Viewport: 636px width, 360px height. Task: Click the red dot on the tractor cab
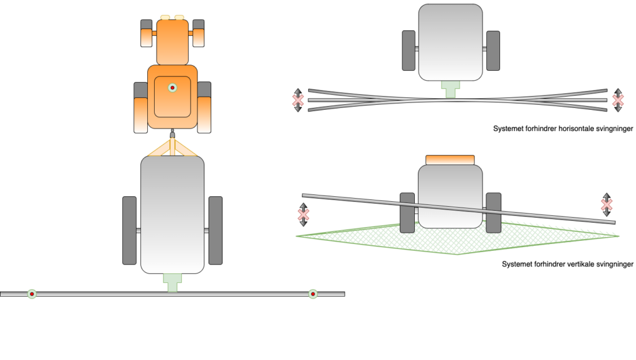click(x=173, y=88)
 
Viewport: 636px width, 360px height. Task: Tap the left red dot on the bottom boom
click(x=32, y=294)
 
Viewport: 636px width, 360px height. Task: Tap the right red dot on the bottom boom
click(x=313, y=294)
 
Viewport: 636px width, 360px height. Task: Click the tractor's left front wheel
click(x=147, y=33)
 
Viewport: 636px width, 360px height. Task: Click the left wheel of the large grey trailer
click(x=129, y=230)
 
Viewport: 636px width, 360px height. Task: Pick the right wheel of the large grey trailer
click(x=216, y=230)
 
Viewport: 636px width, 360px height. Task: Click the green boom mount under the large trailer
click(x=172, y=282)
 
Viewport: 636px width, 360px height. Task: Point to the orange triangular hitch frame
click(x=172, y=148)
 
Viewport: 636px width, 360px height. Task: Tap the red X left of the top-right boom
click(x=298, y=100)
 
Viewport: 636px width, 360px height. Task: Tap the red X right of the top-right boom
click(x=617, y=99)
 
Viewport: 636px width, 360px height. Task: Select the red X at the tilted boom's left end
click(x=303, y=214)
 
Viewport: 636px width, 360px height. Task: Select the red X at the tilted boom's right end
click(x=606, y=204)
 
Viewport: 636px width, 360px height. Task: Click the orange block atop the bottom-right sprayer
click(x=450, y=160)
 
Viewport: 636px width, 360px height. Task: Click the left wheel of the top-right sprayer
click(x=409, y=50)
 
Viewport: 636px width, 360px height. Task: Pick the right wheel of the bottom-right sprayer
click(x=493, y=212)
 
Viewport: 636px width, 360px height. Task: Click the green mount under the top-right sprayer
click(x=450, y=89)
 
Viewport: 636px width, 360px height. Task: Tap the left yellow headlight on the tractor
click(x=165, y=17)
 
